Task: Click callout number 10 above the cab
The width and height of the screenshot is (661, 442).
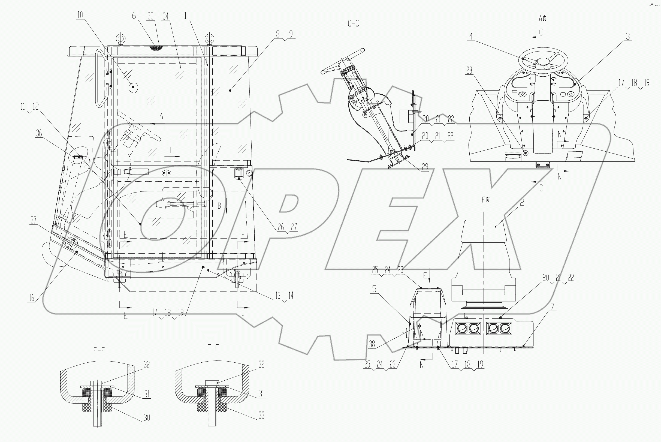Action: coord(80,15)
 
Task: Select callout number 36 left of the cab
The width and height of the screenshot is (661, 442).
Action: coord(39,133)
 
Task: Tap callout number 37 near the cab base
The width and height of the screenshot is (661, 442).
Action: coord(34,220)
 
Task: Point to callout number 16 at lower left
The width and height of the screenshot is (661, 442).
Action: coord(32,298)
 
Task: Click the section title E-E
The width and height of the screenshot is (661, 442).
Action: coord(99,351)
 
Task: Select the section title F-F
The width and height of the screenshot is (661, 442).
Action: coord(213,348)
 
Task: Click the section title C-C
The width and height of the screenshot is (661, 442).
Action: coord(353,24)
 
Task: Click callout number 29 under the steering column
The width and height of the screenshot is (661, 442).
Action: coord(425,167)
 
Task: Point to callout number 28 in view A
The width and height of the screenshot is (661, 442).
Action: coord(469,70)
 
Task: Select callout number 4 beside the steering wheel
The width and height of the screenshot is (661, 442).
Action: coord(471,36)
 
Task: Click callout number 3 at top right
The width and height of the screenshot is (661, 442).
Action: coord(628,36)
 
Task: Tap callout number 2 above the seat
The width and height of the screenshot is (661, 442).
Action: coord(522,202)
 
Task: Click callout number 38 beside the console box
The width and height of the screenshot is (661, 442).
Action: coord(372,344)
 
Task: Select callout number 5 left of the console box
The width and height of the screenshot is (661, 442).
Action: coord(374,289)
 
